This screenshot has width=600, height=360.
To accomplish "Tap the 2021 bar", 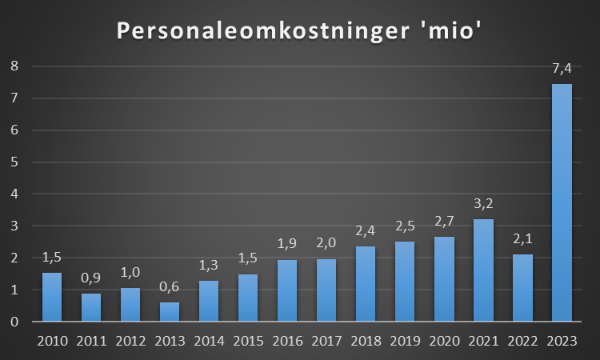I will coord(483,270).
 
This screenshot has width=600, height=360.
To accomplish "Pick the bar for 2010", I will coord(51,297).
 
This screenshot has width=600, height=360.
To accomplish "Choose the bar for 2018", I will coord(366,284).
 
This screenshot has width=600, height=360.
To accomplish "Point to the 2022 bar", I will coord(522,288).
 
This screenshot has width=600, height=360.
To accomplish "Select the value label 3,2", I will coord(483,205).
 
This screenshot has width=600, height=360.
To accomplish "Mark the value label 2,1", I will coord(522,240).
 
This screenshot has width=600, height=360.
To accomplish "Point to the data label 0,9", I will coord(90,279).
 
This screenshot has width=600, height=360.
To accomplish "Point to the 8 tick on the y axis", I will coord(14,66).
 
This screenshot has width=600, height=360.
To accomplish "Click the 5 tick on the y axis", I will coord(14,162).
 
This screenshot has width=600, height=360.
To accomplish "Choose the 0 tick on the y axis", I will coord(14,322).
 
